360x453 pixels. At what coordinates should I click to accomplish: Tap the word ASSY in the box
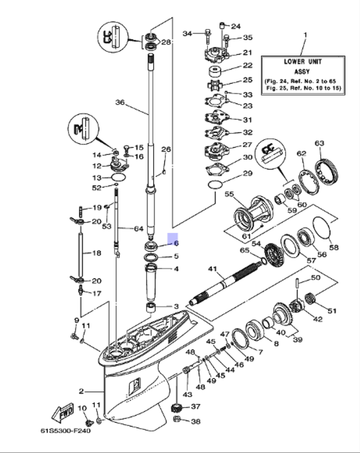(302, 72)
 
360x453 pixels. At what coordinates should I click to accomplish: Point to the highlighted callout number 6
(176, 243)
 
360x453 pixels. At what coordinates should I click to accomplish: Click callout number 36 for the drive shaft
(120, 102)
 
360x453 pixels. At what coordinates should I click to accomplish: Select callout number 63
(319, 143)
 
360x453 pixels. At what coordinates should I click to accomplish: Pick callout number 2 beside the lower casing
(81, 391)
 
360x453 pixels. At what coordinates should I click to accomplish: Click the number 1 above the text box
(305, 35)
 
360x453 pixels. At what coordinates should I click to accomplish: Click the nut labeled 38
(177, 419)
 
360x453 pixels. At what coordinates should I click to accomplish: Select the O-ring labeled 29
(215, 185)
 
